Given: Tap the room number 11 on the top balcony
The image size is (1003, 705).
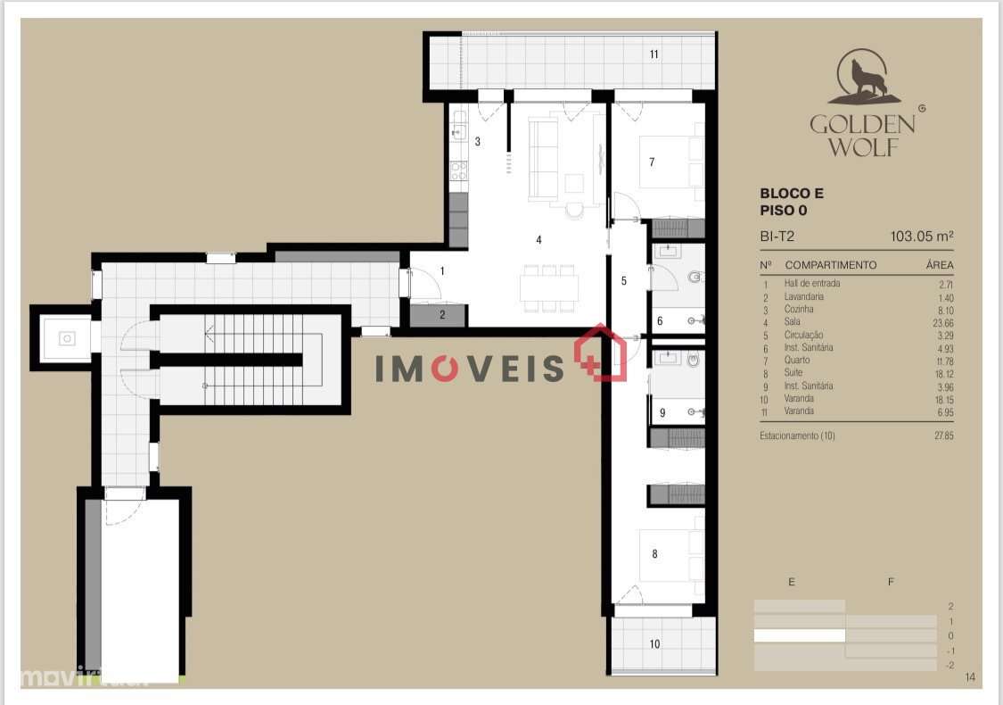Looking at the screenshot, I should point(654,54).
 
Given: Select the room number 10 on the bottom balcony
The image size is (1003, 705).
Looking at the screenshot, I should point(654,643).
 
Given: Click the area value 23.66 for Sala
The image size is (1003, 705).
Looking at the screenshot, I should point(940,322).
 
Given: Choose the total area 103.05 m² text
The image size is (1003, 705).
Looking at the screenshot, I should point(922,237).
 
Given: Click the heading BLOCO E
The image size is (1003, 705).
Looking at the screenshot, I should point(792,193).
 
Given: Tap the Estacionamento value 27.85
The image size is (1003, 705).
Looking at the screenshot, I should point(940,436).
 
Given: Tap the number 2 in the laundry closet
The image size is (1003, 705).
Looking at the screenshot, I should point(441,314).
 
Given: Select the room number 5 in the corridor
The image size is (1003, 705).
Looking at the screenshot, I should point(624,280).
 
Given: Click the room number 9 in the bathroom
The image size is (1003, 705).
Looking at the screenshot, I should point(662,413).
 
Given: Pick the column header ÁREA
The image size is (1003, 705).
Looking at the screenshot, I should point(940,265).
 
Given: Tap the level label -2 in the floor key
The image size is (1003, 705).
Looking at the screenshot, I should point(950,666).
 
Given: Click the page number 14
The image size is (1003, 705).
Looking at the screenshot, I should point(970,678).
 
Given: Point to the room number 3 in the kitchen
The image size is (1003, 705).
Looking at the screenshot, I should point(478,142).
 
